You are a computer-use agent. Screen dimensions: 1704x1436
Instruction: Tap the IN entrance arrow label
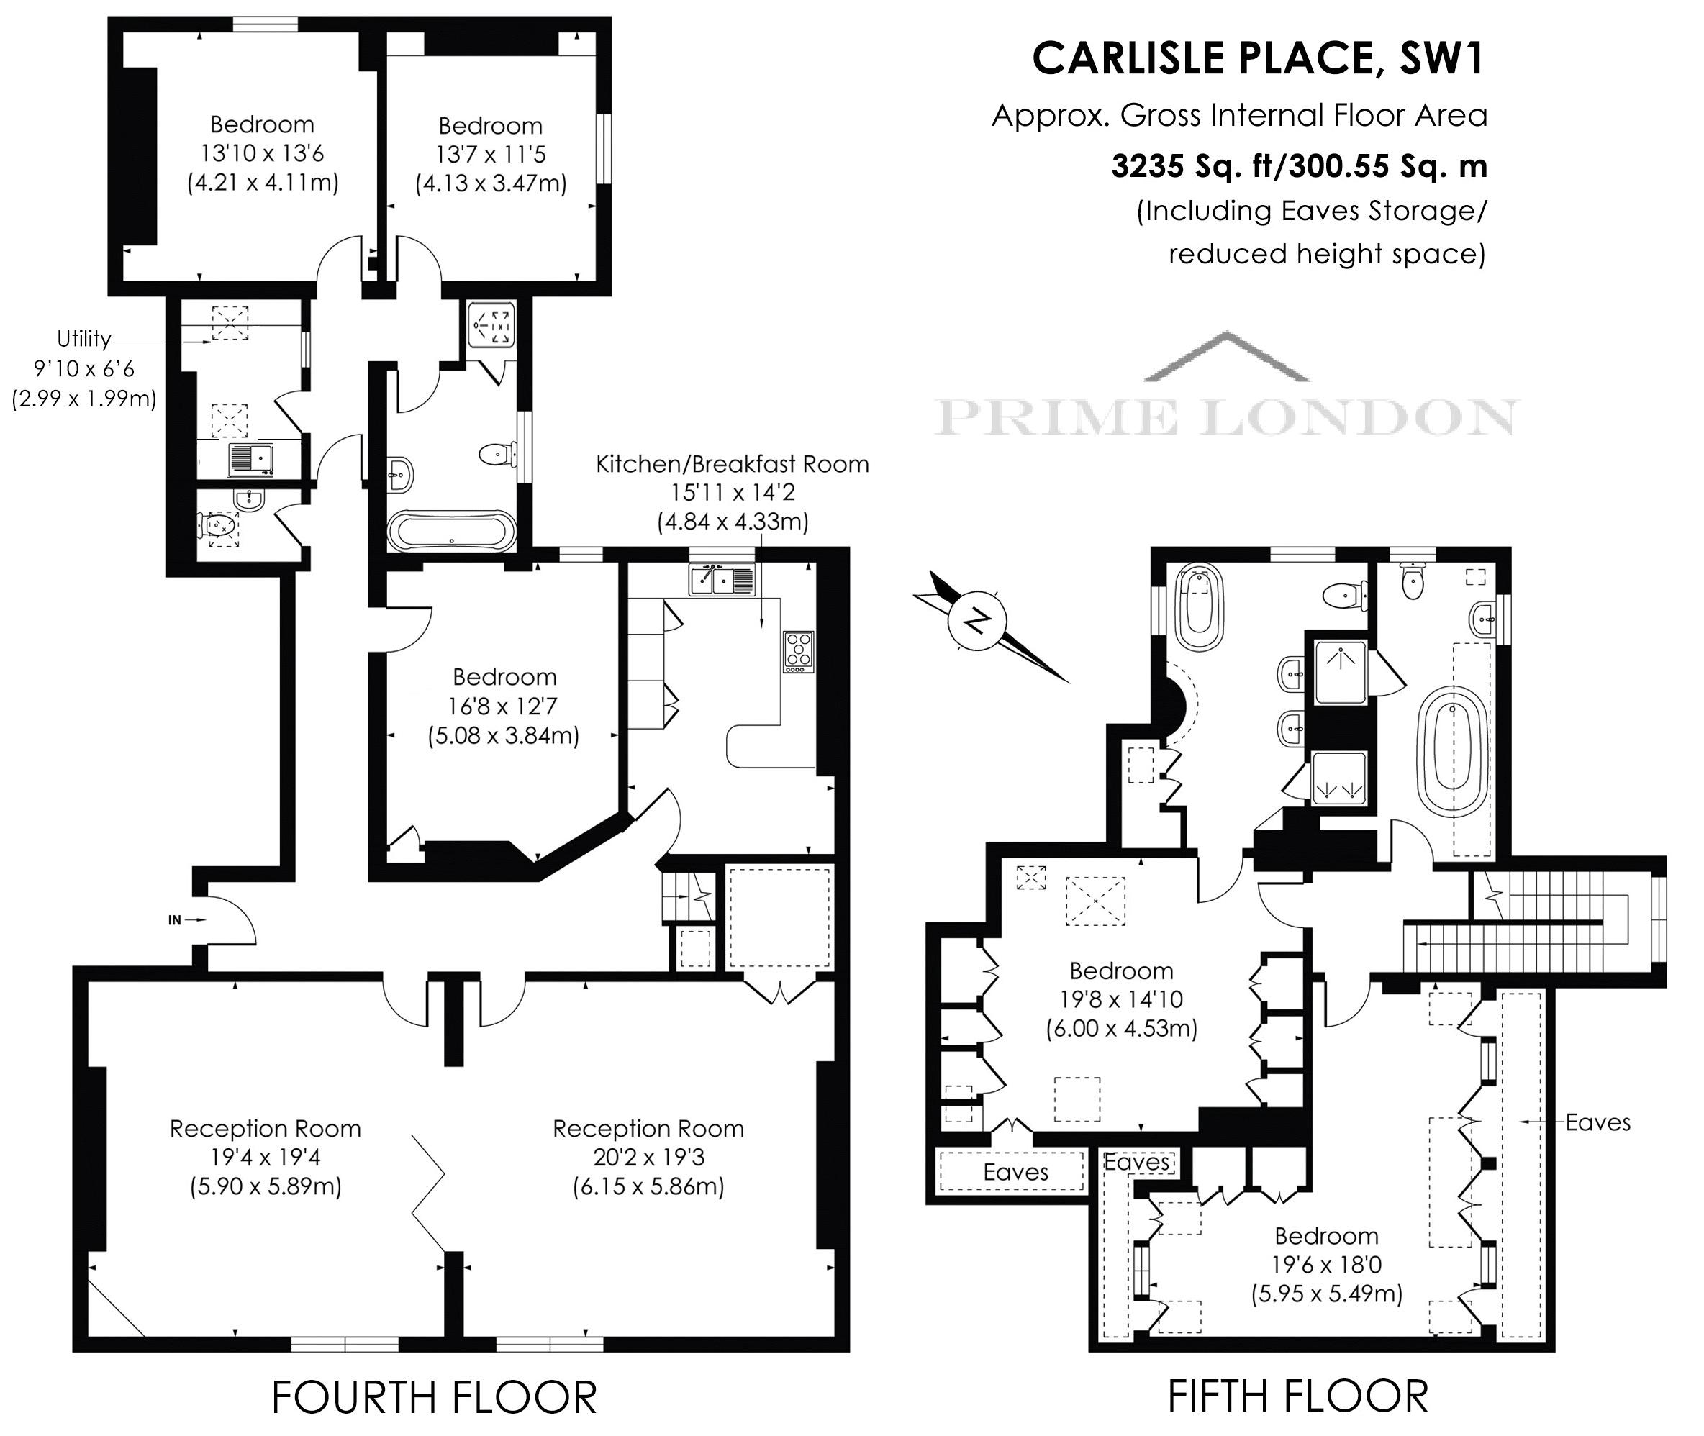[x=174, y=920]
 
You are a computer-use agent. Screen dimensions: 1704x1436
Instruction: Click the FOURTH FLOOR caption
[x=434, y=1397]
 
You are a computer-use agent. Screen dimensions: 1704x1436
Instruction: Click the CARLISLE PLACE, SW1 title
[x=1259, y=58]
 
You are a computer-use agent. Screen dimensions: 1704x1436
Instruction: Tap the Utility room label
[x=84, y=339]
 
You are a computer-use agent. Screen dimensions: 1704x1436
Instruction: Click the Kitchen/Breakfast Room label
[x=732, y=464]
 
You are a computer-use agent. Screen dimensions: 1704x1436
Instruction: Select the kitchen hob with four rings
[x=799, y=651]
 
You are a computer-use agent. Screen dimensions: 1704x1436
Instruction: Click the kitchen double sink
[x=723, y=580]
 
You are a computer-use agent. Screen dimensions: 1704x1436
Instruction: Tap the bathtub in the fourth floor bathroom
[x=451, y=532]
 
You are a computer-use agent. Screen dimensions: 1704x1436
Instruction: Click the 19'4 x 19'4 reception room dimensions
[x=266, y=1157]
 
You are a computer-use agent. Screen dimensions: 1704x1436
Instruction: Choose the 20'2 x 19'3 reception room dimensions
[x=648, y=1157]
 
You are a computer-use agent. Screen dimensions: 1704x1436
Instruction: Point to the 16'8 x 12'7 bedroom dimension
[x=504, y=706]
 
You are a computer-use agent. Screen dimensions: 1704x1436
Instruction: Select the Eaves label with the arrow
[x=1597, y=1122]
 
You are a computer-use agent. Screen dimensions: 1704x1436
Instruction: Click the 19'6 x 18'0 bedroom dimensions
[x=1326, y=1264]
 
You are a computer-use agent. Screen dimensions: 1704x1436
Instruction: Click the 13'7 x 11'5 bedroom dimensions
[x=490, y=154]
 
